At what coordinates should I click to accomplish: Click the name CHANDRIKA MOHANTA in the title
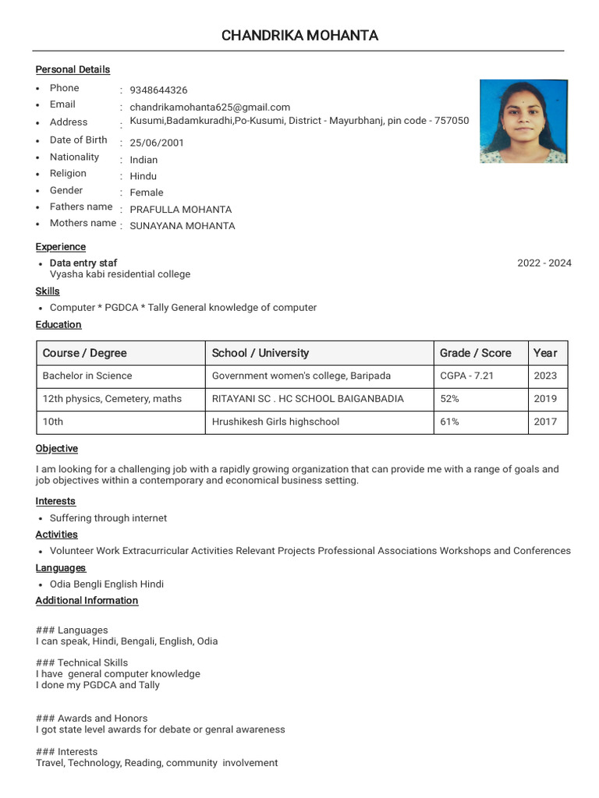[x=300, y=35]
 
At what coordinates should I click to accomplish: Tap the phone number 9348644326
[x=158, y=90]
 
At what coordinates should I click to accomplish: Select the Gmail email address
[x=210, y=108]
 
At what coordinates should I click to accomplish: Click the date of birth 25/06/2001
[x=157, y=143]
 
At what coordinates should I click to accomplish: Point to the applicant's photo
[x=523, y=121]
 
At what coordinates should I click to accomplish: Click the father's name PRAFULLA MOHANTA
[x=180, y=210]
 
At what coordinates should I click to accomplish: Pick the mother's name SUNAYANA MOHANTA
[x=182, y=226]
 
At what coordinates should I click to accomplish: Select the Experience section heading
[x=61, y=247]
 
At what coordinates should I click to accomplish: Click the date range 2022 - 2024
[x=544, y=263]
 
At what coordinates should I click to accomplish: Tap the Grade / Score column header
[x=476, y=353]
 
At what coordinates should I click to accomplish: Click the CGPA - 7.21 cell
[x=466, y=376]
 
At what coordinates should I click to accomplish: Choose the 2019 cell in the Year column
[x=545, y=399]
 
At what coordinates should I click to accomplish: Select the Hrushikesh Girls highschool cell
[x=276, y=422]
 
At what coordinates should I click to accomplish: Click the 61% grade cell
[x=449, y=422]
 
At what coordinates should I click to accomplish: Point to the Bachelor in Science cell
[x=87, y=376]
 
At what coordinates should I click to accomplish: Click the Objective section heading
[x=57, y=449]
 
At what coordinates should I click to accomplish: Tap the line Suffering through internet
[x=108, y=518]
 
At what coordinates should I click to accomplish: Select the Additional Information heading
[x=87, y=601]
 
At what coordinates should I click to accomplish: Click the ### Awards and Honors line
[x=91, y=719]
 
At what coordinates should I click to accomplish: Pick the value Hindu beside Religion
[x=143, y=176]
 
